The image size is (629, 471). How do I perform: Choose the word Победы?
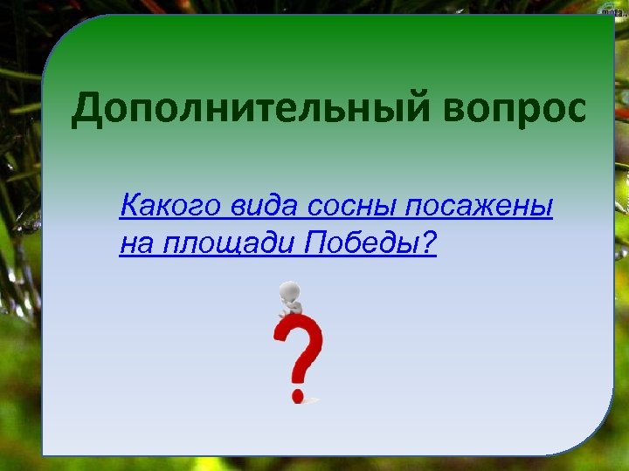point(362,245)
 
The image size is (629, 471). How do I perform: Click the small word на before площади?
point(137,246)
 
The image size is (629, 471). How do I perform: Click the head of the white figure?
point(289,291)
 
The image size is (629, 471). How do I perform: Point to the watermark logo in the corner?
point(609,8)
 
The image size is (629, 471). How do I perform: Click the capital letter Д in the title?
point(88,111)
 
